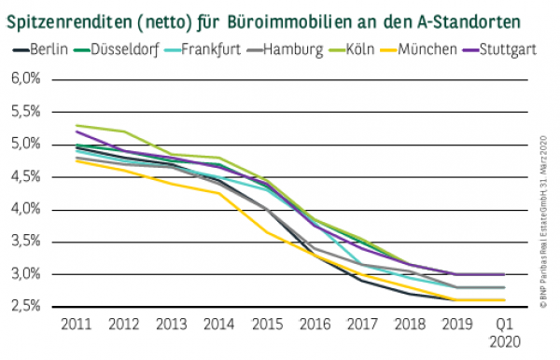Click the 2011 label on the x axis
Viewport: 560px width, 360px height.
pyautogui.click(x=75, y=325)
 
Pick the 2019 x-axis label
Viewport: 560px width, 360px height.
pyautogui.click(x=457, y=325)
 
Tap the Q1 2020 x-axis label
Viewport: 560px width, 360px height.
pyautogui.click(x=505, y=333)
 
